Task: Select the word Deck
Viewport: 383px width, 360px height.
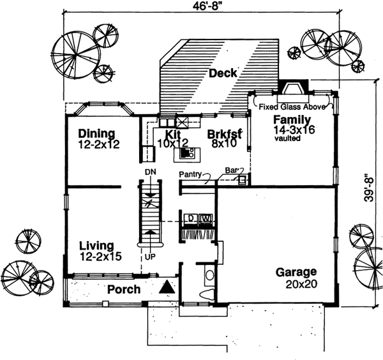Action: pos(222,73)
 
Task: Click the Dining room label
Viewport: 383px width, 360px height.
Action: pos(96,133)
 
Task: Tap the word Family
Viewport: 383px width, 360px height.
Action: pos(292,119)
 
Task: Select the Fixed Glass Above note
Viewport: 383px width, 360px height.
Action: pos(292,108)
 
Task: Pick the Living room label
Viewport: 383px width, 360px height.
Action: pos(96,245)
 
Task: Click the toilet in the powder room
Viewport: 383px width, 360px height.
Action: pos(207,293)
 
